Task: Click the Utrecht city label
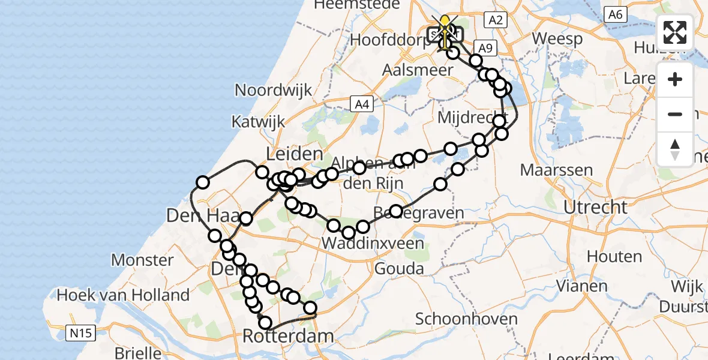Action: [595, 208]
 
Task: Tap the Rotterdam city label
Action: [288, 336]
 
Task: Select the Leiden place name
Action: [294, 154]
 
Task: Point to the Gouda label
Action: [398, 269]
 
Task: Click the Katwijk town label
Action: [258, 122]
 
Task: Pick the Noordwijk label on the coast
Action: [273, 91]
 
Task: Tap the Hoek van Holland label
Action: [122, 295]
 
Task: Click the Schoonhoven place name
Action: [466, 319]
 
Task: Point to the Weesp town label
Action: [557, 40]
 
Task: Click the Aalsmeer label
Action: [418, 70]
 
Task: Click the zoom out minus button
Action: [675, 115]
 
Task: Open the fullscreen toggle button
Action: [675, 32]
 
